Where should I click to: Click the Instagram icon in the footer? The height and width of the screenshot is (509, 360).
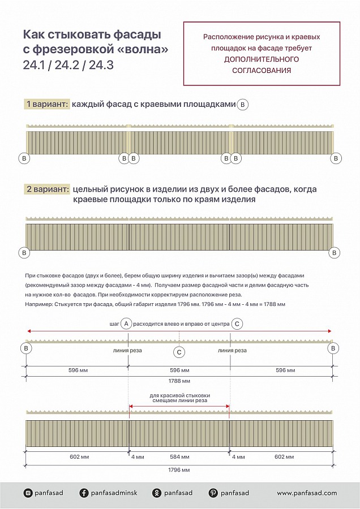tap(28, 493)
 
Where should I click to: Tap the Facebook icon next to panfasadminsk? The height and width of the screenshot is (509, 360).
tap(84, 493)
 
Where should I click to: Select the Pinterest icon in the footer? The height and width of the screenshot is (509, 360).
tap(213, 493)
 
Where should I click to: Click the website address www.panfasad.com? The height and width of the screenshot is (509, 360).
tap(307, 493)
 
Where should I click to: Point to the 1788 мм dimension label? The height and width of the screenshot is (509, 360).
tap(179, 381)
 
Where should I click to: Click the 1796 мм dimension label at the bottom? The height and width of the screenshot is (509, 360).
tap(179, 470)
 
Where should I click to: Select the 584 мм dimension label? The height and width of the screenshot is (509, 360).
tap(179, 456)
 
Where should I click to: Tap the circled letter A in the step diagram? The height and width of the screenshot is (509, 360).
tap(127, 323)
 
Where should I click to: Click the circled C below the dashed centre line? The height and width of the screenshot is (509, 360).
tap(179, 352)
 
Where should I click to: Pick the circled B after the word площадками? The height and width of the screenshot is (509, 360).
tap(243, 104)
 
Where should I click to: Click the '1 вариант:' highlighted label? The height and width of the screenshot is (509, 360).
tap(47, 104)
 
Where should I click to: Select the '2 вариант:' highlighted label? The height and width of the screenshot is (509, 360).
tap(47, 189)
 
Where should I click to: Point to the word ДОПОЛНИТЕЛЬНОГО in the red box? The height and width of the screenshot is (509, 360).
tap(262, 59)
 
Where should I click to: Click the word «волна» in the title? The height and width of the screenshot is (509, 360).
tap(145, 50)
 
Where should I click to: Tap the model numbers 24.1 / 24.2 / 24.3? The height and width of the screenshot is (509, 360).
tap(68, 65)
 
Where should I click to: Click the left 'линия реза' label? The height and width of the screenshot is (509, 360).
tap(128, 351)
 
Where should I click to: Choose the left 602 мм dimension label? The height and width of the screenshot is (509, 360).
tap(79, 456)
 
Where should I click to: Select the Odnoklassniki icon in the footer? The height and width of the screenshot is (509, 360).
tap(156, 493)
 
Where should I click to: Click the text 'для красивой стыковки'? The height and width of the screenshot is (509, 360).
tap(179, 395)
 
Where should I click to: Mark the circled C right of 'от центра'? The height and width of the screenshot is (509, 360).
tap(238, 323)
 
